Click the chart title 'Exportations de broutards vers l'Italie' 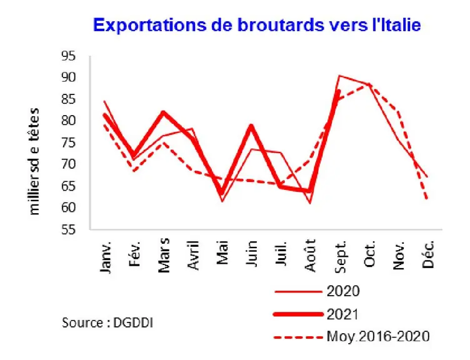click(x=257, y=25)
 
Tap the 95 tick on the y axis click(x=68, y=56)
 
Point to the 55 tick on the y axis click(x=68, y=229)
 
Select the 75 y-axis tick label click(x=68, y=142)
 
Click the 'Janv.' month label click(x=106, y=257)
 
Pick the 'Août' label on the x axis click(x=310, y=256)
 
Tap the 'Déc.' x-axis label click(x=428, y=254)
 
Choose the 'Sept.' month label click(x=340, y=256)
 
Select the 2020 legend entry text click(x=343, y=291)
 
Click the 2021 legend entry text click(x=342, y=314)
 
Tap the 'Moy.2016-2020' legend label click(x=378, y=336)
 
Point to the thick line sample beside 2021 click(x=299, y=314)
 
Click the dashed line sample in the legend click(x=299, y=337)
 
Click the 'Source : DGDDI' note click(x=107, y=323)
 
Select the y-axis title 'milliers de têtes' click(x=34, y=161)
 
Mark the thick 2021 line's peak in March click(x=163, y=112)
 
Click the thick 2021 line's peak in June click(x=251, y=125)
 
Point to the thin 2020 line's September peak click(x=339, y=76)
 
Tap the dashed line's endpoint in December click(x=426, y=198)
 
